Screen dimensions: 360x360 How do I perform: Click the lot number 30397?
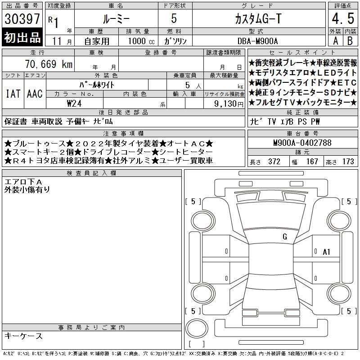(x=22, y=19)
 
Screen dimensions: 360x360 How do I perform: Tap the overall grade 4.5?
(x=343, y=18)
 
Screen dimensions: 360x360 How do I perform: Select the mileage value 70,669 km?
(x=49, y=64)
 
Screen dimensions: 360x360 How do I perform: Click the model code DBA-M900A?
(x=257, y=41)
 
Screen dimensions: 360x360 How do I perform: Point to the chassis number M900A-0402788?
(x=302, y=143)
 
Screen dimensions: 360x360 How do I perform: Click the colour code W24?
(x=74, y=103)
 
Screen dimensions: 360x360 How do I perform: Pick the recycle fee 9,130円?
(x=229, y=104)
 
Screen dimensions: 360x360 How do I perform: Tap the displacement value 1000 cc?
(x=141, y=41)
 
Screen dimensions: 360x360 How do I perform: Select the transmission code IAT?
(x=13, y=94)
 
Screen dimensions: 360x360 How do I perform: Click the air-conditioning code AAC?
(x=35, y=94)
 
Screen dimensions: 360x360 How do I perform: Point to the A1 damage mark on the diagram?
(x=326, y=252)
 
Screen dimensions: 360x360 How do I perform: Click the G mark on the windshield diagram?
(x=285, y=236)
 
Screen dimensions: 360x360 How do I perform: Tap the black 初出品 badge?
(x=22, y=37)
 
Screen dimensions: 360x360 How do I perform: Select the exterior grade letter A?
(x=335, y=41)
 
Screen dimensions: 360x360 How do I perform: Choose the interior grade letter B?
(x=350, y=41)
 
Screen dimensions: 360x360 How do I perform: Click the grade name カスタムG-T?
(x=258, y=19)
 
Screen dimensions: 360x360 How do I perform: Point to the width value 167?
(x=312, y=162)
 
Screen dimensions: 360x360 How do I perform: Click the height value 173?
(x=348, y=162)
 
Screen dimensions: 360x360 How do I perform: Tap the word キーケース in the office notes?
(x=23, y=336)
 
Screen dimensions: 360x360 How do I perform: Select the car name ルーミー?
(x=116, y=19)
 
